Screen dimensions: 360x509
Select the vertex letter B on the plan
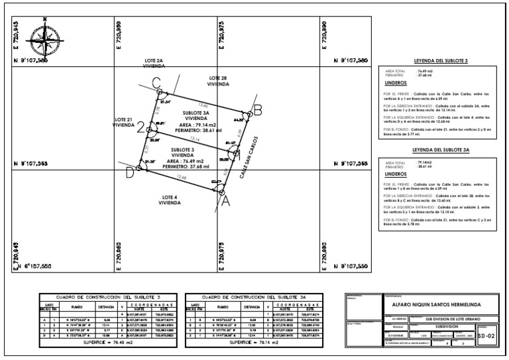click(x=258, y=109)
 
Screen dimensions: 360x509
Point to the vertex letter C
click(x=156, y=83)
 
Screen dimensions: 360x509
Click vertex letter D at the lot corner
click(x=130, y=174)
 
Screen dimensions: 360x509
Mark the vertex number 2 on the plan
click(x=141, y=129)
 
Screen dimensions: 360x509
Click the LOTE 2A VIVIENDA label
click(x=158, y=63)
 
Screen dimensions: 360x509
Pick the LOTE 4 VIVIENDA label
click(x=170, y=200)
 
